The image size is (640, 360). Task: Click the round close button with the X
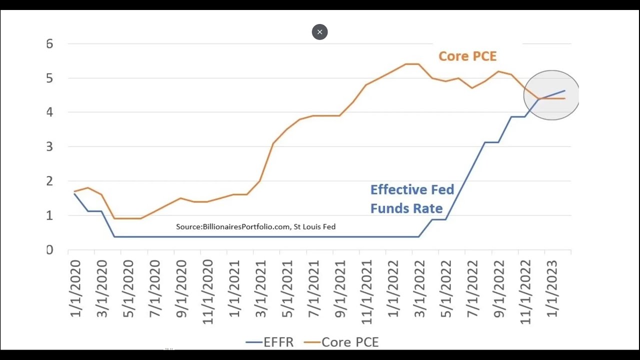pos(319,32)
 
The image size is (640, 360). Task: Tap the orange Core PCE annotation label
pos(467,56)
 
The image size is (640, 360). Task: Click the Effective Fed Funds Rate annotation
pos(412,199)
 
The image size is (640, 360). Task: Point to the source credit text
pos(255,226)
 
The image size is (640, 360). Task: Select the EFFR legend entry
pos(270,342)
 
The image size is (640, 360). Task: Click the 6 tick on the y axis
pos(49,44)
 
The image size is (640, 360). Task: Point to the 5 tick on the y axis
pos(49,78)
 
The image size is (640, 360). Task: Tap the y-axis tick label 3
pos(49,147)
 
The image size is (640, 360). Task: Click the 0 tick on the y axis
pos(49,250)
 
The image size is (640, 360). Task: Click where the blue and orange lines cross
pos(539,98)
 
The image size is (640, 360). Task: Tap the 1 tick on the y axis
pos(49,215)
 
